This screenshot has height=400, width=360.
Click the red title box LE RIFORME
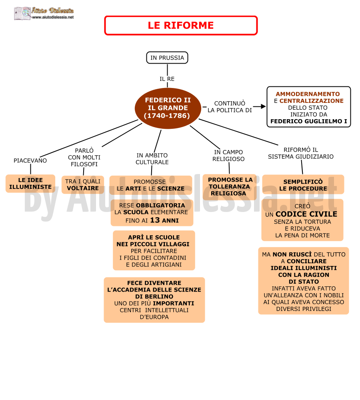[181, 25]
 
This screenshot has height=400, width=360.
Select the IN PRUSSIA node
[167, 58]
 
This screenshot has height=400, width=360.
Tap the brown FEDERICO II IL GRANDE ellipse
[167, 108]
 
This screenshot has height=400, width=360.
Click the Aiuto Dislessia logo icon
[22, 13]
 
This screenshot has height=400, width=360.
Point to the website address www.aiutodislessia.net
[53, 17]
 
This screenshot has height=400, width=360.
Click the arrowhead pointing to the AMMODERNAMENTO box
[263, 106]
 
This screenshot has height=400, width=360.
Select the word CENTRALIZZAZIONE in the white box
[311, 101]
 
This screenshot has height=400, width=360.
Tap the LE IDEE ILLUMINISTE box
[30, 184]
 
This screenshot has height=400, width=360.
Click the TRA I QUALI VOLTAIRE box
[83, 185]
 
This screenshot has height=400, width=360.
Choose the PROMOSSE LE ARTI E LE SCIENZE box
[150, 185]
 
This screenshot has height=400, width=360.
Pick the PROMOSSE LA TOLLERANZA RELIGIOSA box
[229, 187]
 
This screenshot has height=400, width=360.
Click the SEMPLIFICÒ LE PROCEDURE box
[303, 184]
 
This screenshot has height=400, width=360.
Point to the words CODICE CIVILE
[306, 214]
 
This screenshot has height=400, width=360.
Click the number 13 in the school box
[155, 220]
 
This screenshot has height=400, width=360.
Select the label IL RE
[167, 79]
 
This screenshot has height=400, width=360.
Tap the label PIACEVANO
[30, 160]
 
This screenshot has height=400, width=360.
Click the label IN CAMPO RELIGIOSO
[228, 155]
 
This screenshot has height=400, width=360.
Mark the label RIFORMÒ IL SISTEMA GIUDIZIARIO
[301, 153]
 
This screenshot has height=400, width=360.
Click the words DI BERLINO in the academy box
[154, 296]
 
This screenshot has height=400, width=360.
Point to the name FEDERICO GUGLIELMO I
[309, 121]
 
